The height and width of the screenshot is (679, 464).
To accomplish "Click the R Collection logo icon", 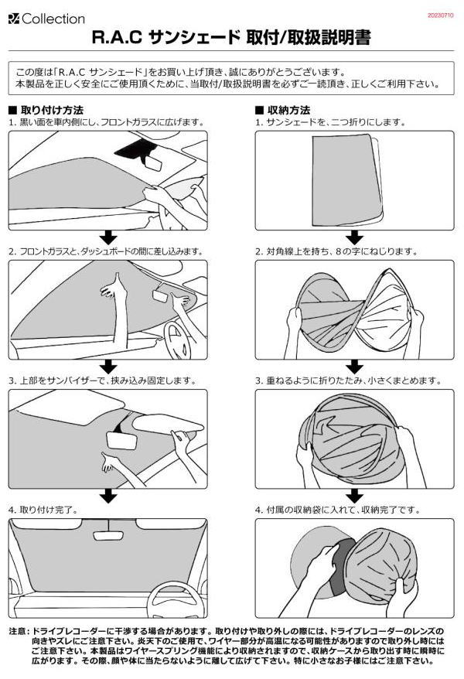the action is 14,19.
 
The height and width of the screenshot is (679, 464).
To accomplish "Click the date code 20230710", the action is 441,15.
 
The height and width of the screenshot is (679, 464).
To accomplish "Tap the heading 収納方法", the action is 288,110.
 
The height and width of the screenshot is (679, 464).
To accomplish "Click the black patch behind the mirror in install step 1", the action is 131,149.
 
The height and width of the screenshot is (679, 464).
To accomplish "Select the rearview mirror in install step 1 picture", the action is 152,163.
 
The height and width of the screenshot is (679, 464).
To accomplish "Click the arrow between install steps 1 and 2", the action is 108,237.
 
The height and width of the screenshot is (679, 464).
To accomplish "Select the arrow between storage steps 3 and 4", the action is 354,496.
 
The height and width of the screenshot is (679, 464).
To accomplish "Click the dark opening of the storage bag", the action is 342,566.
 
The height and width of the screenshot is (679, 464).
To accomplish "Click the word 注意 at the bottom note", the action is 19,631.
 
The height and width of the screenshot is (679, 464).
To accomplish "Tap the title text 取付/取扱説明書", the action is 309,38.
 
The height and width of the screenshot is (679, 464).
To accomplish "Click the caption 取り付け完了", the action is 49,510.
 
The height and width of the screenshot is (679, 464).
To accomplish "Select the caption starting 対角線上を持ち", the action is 342,251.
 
